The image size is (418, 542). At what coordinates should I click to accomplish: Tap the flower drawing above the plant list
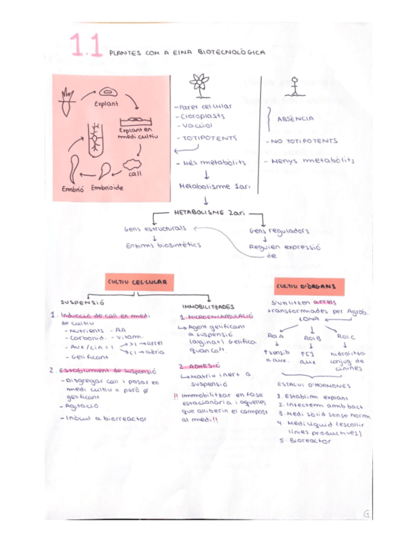199,84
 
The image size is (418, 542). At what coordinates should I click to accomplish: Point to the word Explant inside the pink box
106,104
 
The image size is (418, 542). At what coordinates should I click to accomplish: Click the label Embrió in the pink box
73,189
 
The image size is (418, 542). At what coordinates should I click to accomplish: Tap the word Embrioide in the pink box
107,188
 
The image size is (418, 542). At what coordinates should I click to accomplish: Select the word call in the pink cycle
135,173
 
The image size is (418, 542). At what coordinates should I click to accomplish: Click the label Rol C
345,336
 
